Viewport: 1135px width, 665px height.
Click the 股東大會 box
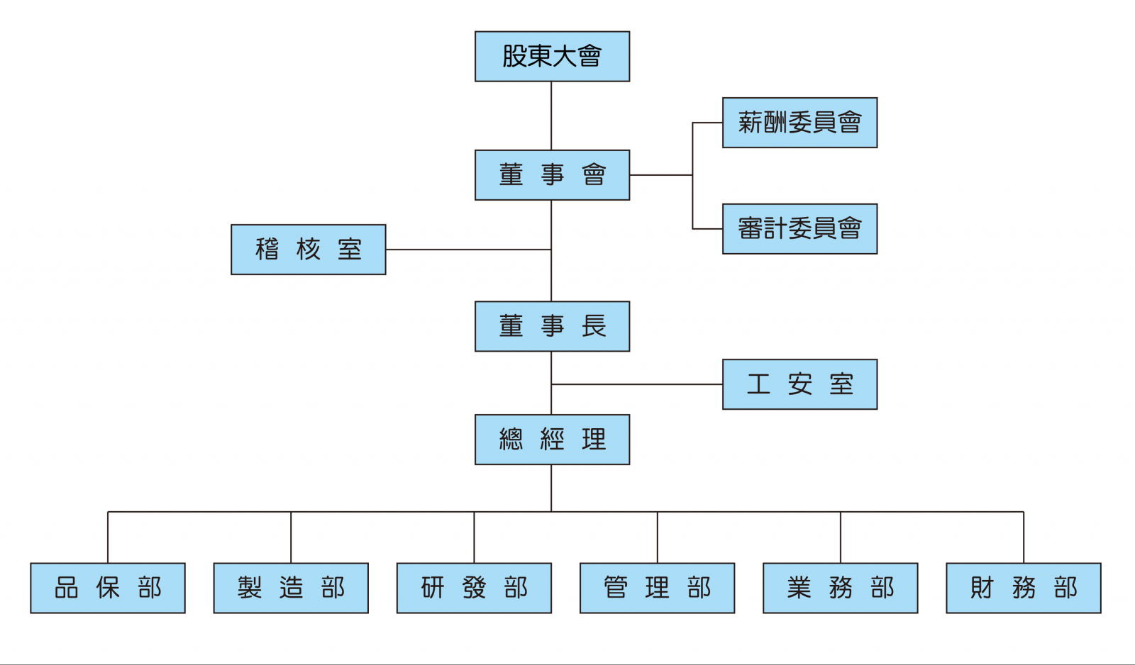point(553,56)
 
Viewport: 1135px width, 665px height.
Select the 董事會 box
point(553,174)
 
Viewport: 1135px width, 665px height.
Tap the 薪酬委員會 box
point(799,123)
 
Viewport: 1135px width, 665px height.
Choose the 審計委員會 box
point(799,229)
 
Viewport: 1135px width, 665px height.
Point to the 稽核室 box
point(308,250)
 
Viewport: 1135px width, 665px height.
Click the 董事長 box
point(553,326)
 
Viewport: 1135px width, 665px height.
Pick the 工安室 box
point(799,384)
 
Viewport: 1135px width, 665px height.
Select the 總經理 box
point(553,440)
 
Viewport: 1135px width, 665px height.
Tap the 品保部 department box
point(108,588)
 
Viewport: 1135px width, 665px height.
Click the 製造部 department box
point(291,588)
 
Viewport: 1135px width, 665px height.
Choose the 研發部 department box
point(475,588)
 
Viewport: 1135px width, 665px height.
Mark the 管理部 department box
point(657,588)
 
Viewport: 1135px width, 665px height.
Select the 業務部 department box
point(841,588)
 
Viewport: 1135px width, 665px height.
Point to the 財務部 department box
point(1024,588)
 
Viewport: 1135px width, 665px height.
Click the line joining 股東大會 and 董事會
point(551,116)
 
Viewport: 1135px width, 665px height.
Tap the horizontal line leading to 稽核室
point(468,250)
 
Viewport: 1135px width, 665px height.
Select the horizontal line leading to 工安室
point(637,384)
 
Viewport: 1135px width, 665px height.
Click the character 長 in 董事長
point(594,326)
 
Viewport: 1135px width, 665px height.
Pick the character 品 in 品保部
point(67,588)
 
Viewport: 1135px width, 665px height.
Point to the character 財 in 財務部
point(982,588)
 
